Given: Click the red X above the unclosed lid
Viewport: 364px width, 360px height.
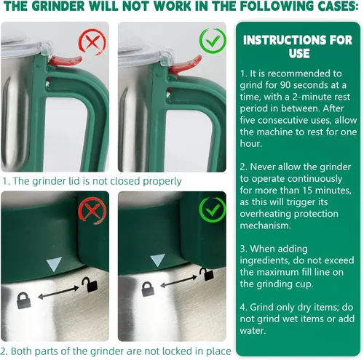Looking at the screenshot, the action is pos(92,42).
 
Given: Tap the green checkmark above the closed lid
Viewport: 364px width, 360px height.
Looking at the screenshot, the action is pos(213,41).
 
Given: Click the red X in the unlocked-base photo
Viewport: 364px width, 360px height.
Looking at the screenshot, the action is pos(92,211).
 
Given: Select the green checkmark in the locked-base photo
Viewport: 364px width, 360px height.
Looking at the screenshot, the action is pos(213,210).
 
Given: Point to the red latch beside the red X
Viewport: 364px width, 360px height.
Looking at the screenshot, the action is pos(65,61).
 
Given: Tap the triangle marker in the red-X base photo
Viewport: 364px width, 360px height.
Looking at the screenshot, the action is pos(54,264).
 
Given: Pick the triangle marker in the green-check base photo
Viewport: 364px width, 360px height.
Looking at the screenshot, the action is pos(158,260).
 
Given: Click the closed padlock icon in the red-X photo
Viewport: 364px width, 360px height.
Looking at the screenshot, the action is pos(24,300).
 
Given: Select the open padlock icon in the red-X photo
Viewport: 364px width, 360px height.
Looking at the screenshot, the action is pos(90,284).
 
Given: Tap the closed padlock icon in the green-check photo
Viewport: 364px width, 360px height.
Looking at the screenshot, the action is pos(148,289).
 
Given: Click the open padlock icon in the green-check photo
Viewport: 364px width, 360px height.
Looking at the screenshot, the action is pos(207,274).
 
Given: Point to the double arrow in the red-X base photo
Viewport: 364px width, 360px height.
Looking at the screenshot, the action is pos(58,292).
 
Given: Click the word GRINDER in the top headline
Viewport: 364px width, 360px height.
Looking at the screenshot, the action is pos(58,6).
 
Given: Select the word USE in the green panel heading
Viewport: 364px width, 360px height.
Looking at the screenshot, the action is pos(299,53).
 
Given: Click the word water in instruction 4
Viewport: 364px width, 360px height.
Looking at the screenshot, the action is pos(253,331).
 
